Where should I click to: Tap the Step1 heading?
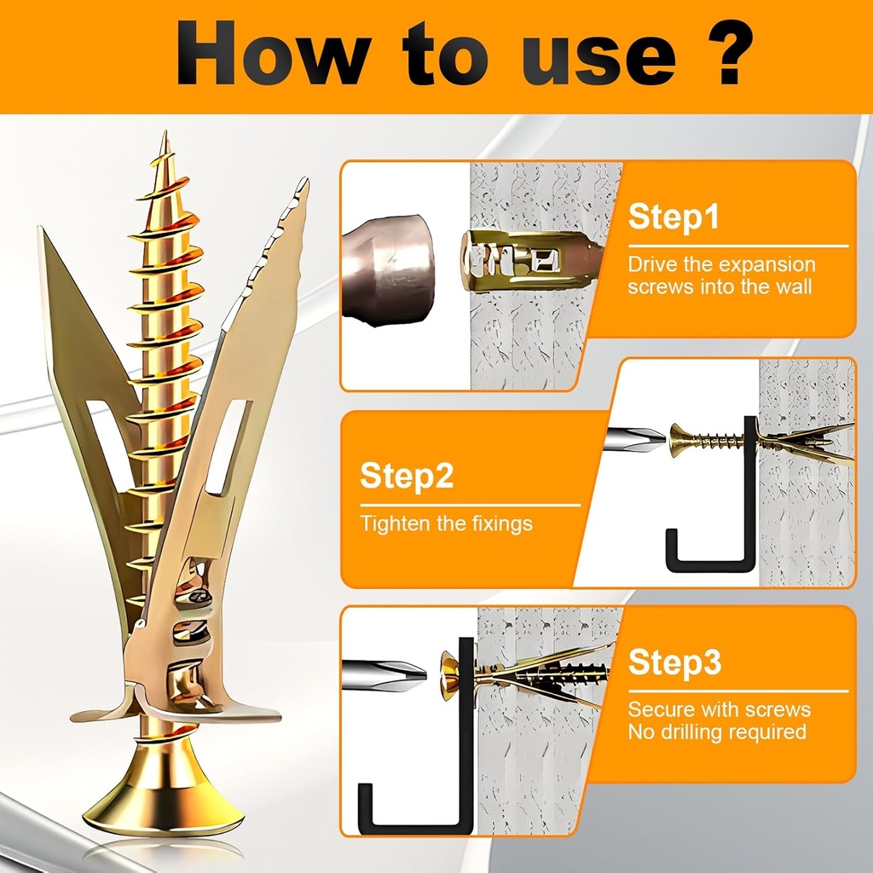point(674,217)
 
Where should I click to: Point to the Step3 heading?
point(674,662)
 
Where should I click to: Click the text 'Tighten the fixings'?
point(446,523)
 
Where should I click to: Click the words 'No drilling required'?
point(717,731)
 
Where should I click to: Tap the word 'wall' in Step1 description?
point(788,286)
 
